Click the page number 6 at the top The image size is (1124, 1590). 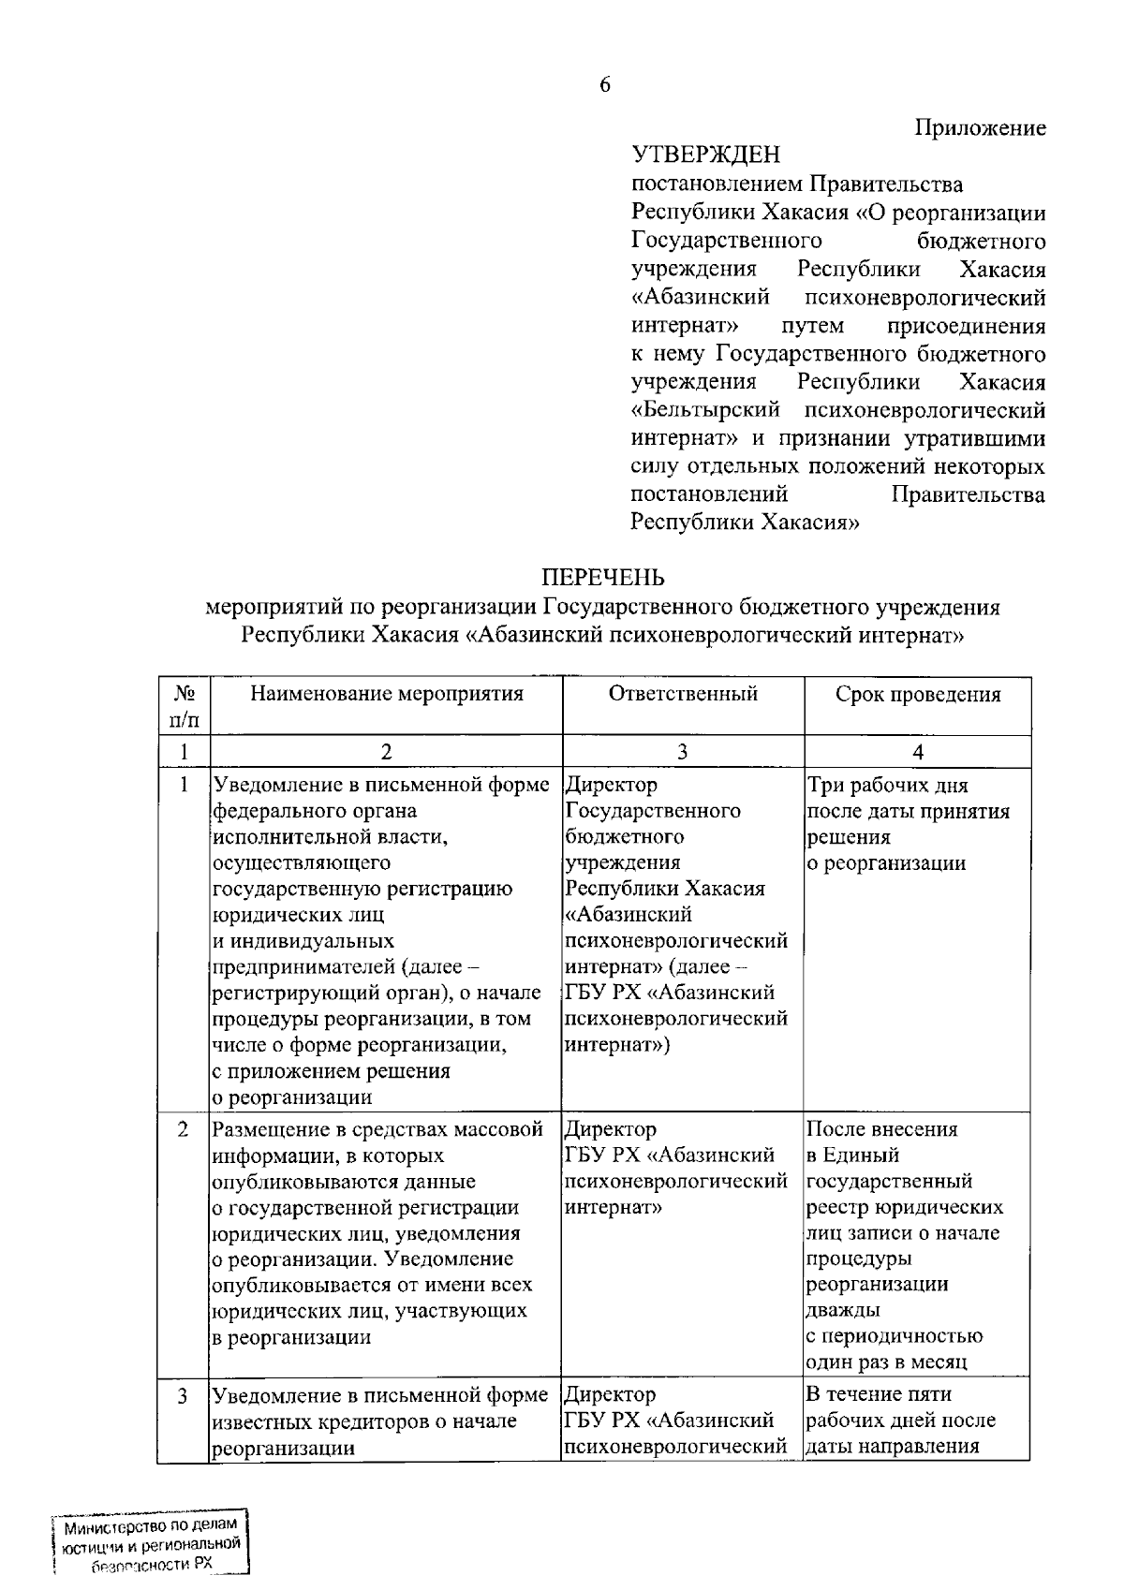(604, 85)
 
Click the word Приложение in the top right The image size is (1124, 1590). (980, 128)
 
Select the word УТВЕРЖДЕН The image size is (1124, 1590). (705, 155)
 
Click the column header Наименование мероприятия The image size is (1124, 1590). (386, 694)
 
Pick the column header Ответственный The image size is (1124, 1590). (683, 694)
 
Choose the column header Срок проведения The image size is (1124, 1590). (917, 695)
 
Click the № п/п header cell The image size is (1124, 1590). (185, 707)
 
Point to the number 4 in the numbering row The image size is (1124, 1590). (917, 753)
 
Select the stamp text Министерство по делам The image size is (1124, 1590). (150, 1526)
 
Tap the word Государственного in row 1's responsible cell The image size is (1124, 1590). (653, 811)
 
